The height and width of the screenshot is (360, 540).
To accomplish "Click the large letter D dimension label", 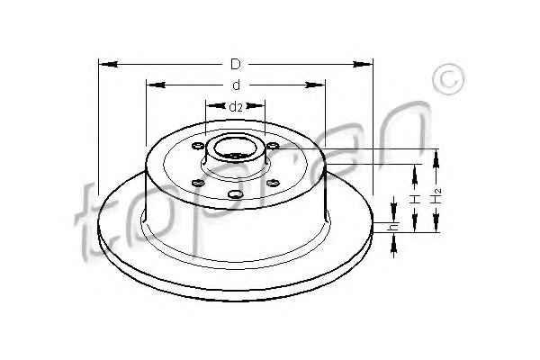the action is click(236, 65).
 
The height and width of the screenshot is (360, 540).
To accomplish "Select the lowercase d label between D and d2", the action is click(236, 85).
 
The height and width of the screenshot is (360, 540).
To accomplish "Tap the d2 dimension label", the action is click(236, 107).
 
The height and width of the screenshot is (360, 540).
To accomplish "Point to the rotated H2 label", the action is click(437, 195).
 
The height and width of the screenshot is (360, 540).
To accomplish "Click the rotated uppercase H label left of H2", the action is click(415, 199).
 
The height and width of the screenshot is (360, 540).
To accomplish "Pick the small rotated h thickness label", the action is click(393, 228).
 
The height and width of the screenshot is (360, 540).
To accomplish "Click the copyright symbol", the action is click(449, 79).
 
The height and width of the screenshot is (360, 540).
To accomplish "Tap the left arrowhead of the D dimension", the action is click(109, 64).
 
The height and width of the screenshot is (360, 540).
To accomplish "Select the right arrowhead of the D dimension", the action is click(363, 64).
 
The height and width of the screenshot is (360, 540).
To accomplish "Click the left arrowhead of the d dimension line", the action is click(156, 85).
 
